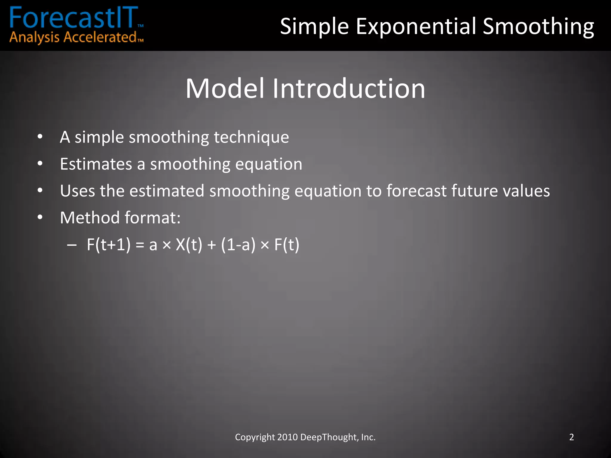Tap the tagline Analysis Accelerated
click(x=73, y=38)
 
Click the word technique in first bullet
click(x=251, y=137)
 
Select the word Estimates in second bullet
click(x=96, y=164)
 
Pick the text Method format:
click(x=120, y=218)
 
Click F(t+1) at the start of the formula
click(x=109, y=245)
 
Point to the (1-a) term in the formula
click(x=238, y=245)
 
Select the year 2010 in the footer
click(x=287, y=437)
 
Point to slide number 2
click(x=571, y=437)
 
